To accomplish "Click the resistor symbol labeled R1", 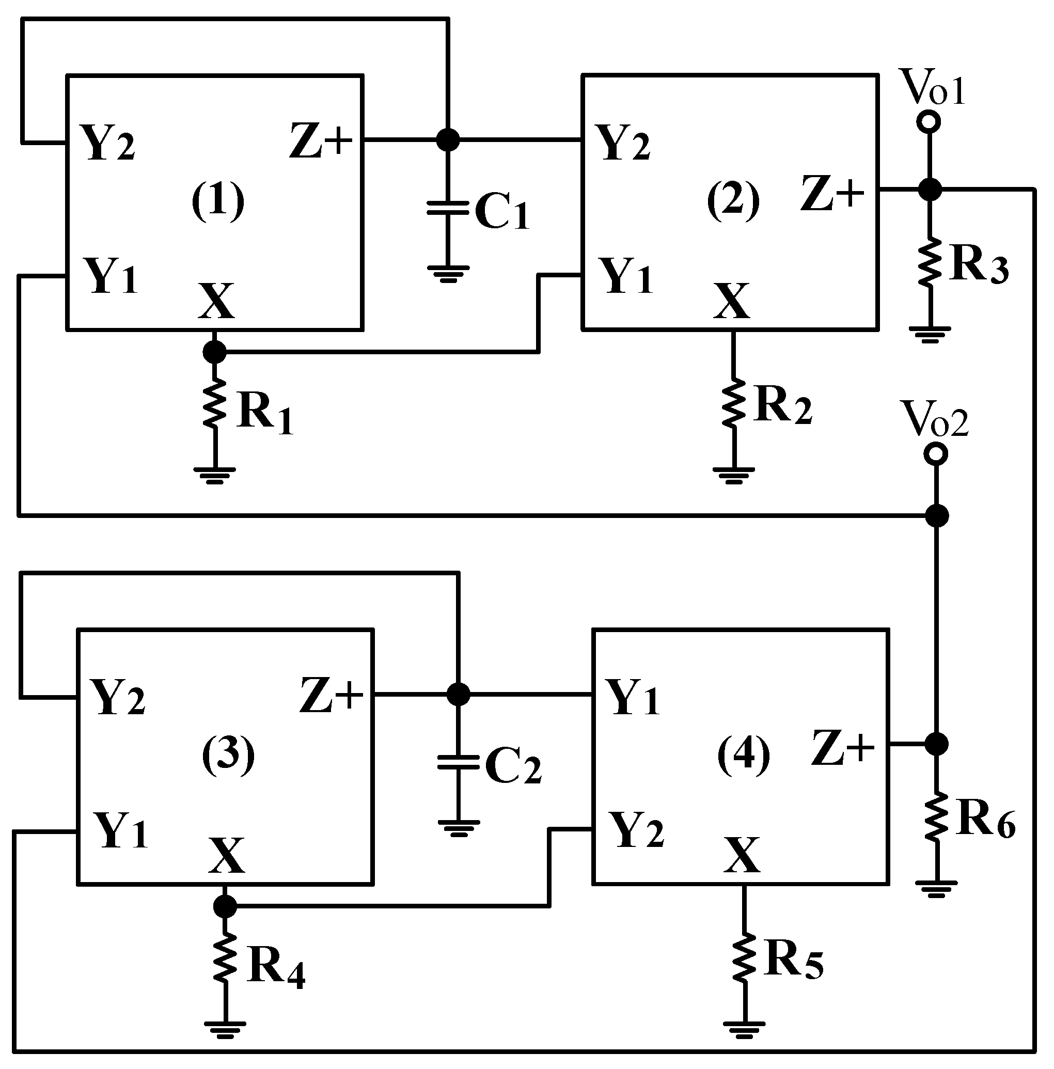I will [x=215, y=403].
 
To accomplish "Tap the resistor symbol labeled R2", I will [x=733, y=402].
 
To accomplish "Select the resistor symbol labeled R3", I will [x=930, y=262].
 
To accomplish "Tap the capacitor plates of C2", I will [x=458, y=762].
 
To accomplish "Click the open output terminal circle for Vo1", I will [x=929, y=121].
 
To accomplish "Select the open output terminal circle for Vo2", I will [x=936, y=454].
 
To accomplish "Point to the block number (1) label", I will [x=217, y=201].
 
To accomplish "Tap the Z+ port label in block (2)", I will [x=831, y=194].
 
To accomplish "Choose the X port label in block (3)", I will [x=226, y=855].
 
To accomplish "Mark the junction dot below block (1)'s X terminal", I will [x=215, y=351].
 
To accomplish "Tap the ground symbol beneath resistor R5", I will [x=744, y=1028].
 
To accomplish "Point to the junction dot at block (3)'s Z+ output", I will [x=458, y=694].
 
